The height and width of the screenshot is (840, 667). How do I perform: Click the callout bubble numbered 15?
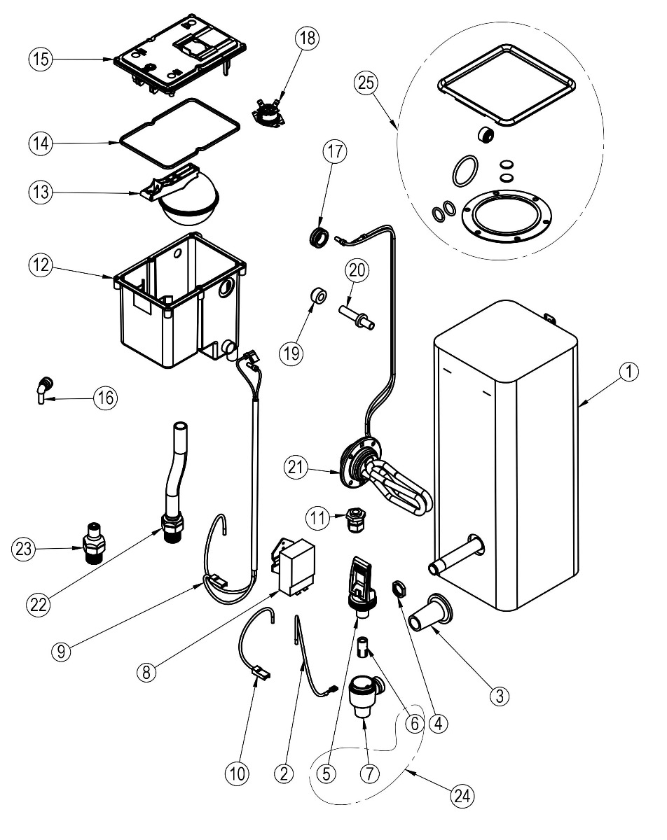click(x=40, y=59)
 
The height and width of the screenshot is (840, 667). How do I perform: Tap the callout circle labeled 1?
click(x=629, y=373)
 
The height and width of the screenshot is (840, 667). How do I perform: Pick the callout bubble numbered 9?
click(x=64, y=650)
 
